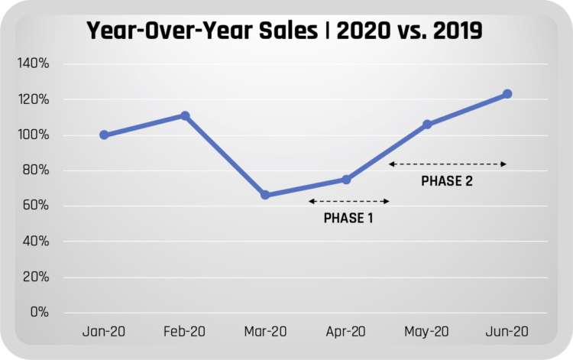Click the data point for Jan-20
tap(104, 135)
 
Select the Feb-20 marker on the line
tap(185, 115)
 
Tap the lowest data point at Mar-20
tap(265, 195)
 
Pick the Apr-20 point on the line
tap(346, 180)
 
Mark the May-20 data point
tap(427, 125)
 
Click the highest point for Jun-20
tap(507, 94)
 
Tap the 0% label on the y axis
tap(40, 312)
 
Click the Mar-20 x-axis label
tap(265, 332)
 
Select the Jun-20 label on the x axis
tap(507, 332)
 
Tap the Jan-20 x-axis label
tap(104, 332)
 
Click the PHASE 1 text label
tap(348, 218)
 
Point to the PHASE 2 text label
tap(446, 182)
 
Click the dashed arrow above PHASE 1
tap(349, 201)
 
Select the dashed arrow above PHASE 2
tap(448, 164)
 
